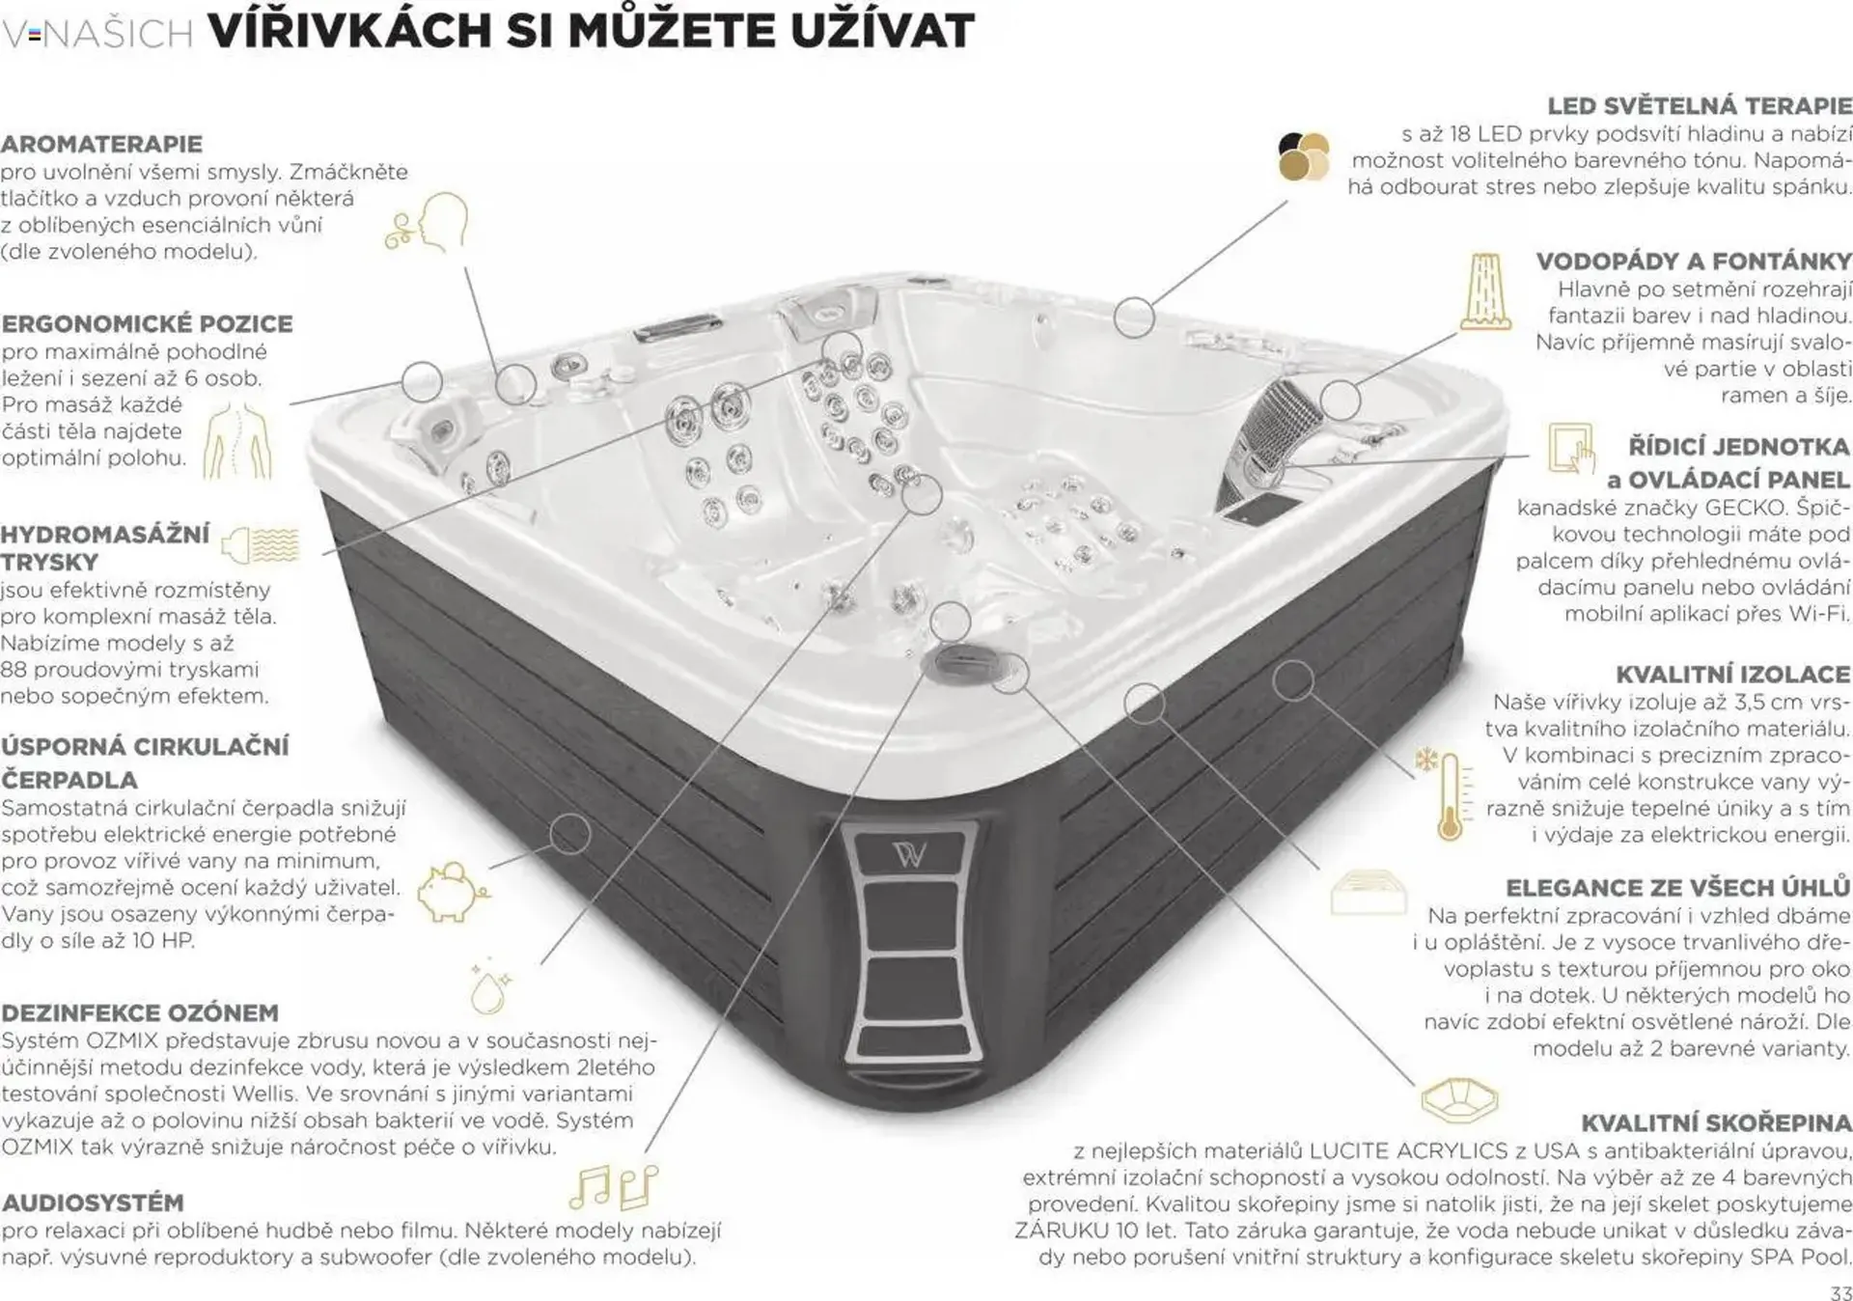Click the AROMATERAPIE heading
click(x=101, y=145)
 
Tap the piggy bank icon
click(x=450, y=891)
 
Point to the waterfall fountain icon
click(x=1484, y=291)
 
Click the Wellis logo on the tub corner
click(x=909, y=853)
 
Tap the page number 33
click(x=1839, y=1292)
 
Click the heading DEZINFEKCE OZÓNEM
click(x=140, y=1012)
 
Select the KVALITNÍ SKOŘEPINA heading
click(x=1715, y=1122)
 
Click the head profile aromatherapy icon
click(x=431, y=224)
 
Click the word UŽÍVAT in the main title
click(x=882, y=32)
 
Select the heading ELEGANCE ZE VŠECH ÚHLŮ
click(x=1677, y=888)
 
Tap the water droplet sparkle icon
click(x=489, y=988)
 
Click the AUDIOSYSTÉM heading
click(x=93, y=1203)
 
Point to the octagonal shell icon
click(x=1458, y=1099)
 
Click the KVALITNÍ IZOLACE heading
click(x=1732, y=674)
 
